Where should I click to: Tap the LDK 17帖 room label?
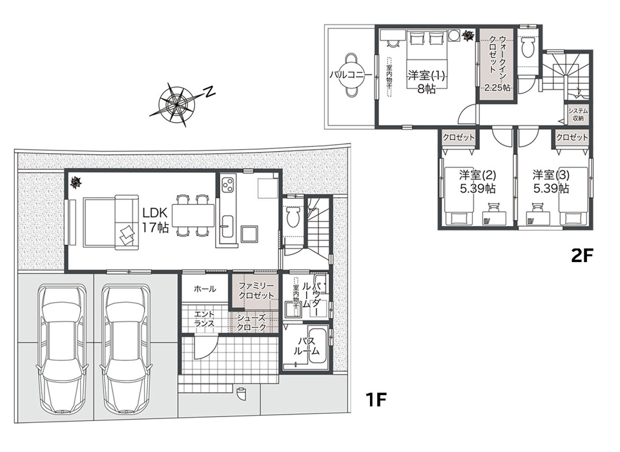coord(156,220)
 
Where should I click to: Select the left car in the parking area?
coord(61,349)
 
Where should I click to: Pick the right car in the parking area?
coord(125,349)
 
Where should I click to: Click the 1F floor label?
coord(376,400)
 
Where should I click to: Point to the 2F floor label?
coord(583,256)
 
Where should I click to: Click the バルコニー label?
coord(351,75)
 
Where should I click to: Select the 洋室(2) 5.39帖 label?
coord(477,181)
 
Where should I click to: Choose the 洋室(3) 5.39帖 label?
coord(551,181)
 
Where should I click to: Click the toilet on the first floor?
coord(293,216)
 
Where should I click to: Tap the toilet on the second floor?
coord(528,47)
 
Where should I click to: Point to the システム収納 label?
coord(577,115)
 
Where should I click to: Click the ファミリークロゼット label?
coord(256,291)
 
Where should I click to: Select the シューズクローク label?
coord(251,323)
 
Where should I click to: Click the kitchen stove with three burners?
coord(229,185)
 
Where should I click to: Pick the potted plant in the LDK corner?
coord(75,182)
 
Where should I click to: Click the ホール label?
coord(205,289)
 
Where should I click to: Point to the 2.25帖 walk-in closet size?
coord(497,88)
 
